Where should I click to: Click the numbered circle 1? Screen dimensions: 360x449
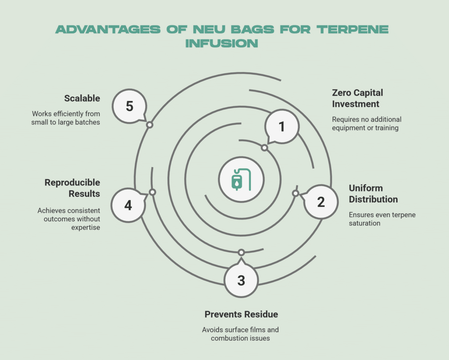282,127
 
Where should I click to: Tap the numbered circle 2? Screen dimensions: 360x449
321,202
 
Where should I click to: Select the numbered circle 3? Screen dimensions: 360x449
241,281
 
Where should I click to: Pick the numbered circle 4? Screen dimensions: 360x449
128,205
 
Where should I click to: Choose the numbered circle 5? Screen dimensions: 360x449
129,107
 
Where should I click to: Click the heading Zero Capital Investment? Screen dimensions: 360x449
357,98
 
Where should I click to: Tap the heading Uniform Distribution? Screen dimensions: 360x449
373,193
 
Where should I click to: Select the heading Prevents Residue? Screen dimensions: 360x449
241,314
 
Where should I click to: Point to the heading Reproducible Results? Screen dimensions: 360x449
72,188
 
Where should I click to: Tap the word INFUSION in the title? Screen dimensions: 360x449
222,43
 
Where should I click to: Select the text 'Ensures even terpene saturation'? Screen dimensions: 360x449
382,219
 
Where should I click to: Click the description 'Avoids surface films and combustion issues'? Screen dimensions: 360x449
241,334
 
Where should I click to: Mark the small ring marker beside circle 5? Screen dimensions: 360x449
150,125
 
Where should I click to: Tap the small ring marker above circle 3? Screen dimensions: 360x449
241,252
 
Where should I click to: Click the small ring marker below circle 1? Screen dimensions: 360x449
264,148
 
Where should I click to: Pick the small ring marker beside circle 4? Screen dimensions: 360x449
153,192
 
